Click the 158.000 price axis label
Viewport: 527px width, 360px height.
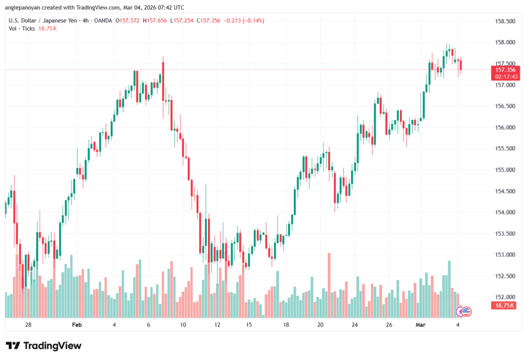(504, 42)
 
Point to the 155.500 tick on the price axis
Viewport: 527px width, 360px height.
(504, 148)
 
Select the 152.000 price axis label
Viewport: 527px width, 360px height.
(504, 297)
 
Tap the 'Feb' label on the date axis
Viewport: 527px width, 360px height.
(77, 325)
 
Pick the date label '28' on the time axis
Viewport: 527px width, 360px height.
(28, 325)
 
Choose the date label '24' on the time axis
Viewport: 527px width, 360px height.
(355, 325)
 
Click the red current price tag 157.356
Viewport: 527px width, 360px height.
(505, 70)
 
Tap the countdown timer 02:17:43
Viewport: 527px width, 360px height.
(505, 76)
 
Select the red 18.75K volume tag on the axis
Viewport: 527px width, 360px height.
(504, 305)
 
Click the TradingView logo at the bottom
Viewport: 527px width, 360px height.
(44, 346)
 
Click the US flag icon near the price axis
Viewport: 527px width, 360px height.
(467, 311)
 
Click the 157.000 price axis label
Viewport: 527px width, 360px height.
(504, 84)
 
